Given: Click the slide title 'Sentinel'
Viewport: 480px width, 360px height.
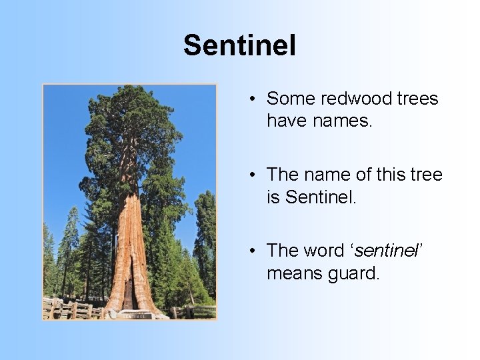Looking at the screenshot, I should click(x=239, y=46).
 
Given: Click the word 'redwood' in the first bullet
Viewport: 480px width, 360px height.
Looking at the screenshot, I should click(x=357, y=99).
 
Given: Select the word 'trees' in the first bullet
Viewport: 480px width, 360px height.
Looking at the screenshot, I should click(x=418, y=99).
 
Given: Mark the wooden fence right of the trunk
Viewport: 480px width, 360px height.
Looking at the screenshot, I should click(x=193, y=311).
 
